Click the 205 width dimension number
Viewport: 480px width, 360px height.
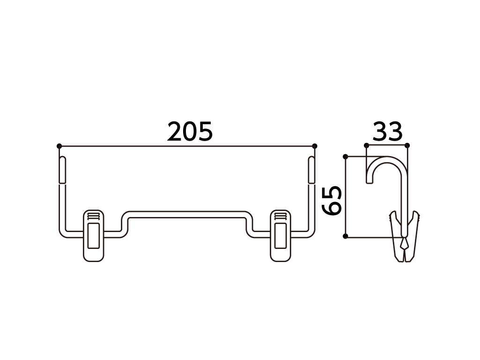pos(190,132)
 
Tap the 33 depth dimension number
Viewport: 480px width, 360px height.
pos(388,132)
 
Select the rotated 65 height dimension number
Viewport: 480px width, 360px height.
pos(332,201)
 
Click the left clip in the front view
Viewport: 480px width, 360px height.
pos(93,236)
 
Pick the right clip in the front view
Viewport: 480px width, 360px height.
pos(281,236)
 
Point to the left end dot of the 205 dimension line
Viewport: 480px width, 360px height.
pos(59,146)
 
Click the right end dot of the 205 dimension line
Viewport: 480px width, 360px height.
pos(314,146)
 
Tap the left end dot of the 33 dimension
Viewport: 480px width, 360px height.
pos(366,145)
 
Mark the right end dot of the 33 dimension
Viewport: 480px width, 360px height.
pos(407,145)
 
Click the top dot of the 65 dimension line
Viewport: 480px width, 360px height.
pos(346,157)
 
